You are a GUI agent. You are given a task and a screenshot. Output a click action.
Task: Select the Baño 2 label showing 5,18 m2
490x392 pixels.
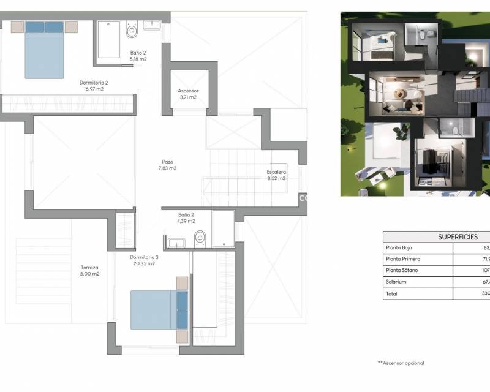[x=138, y=56]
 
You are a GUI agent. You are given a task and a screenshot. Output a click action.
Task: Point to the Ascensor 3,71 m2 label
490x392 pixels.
[x=188, y=94]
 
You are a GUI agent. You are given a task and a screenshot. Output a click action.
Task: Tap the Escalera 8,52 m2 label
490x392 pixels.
[x=276, y=175]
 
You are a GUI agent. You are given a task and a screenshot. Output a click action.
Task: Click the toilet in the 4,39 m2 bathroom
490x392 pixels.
[x=200, y=238]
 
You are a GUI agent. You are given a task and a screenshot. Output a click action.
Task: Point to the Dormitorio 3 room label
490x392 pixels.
[x=145, y=260]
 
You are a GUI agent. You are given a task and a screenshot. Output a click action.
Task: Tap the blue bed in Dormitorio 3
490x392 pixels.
[x=159, y=309]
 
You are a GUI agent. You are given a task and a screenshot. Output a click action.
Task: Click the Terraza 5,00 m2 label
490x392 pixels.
[x=89, y=271]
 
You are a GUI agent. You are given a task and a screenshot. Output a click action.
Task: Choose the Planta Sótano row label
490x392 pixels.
[x=403, y=271]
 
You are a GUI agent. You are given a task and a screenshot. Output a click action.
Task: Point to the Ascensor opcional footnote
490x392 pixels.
[x=401, y=363]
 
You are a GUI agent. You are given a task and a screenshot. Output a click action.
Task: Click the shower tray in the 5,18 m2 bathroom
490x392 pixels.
[x=108, y=40]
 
